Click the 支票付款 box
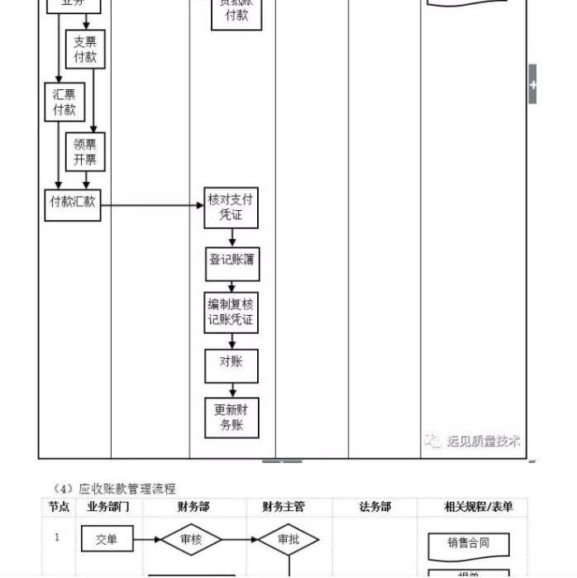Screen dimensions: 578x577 (x=85, y=50)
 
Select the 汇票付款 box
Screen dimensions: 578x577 (x=64, y=102)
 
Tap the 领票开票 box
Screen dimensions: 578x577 (x=85, y=152)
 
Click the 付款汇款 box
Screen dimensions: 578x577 (x=73, y=203)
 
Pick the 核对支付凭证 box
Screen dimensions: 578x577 (x=231, y=208)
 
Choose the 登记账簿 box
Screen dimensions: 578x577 (x=231, y=260)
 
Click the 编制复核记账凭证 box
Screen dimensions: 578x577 (x=231, y=313)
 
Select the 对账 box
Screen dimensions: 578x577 (x=231, y=364)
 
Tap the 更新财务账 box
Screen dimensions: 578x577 (x=231, y=418)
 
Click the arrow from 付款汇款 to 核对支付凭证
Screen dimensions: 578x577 (x=153, y=203)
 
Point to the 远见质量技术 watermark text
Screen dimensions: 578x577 (x=483, y=441)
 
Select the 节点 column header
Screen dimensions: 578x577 (x=59, y=507)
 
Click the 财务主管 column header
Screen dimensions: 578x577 (x=284, y=507)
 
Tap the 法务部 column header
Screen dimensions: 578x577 (x=374, y=507)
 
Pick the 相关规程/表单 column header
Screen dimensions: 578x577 (x=478, y=507)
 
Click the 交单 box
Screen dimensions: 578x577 (x=107, y=540)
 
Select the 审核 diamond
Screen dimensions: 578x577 (x=191, y=540)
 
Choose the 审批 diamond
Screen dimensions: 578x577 (x=288, y=540)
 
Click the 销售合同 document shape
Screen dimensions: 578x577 (x=468, y=543)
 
